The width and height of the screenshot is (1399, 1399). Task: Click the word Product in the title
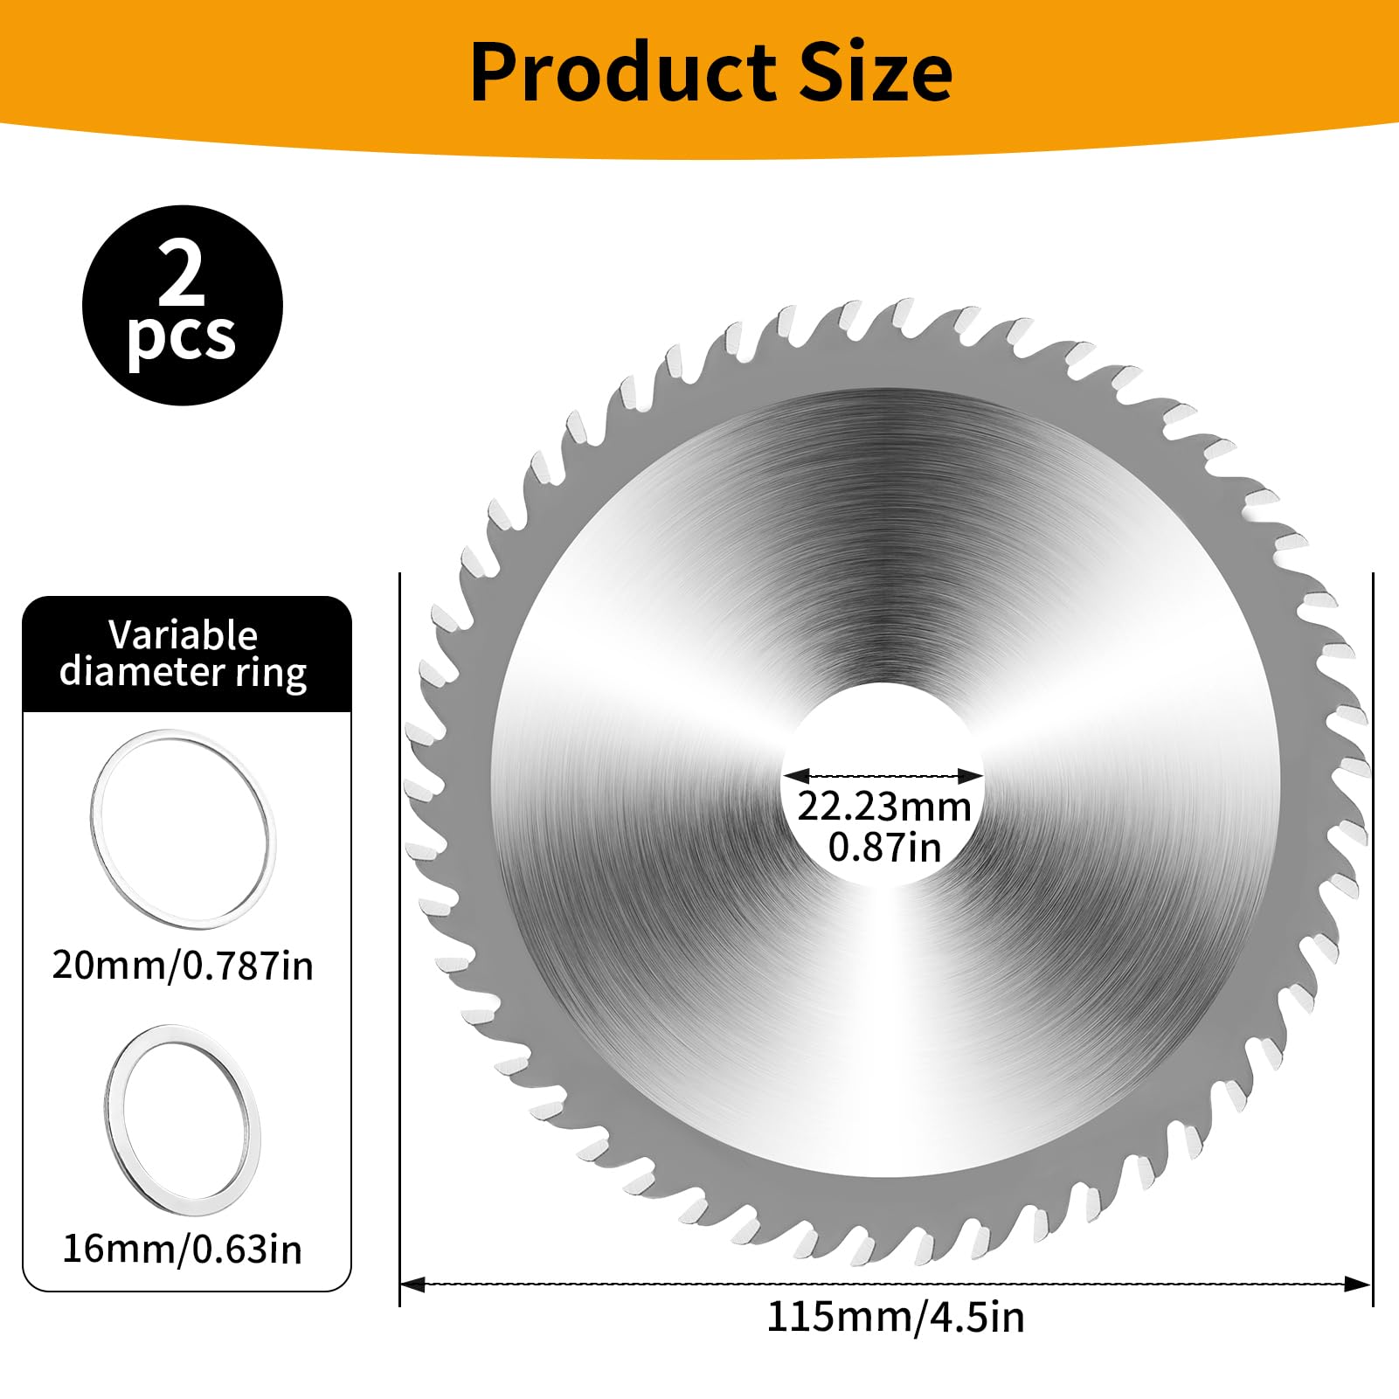[x=621, y=73]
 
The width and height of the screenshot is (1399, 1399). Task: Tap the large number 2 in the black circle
[x=182, y=274]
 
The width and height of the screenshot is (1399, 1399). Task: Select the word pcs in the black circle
[x=182, y=339]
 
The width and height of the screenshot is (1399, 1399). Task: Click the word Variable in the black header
[x=184, y=635]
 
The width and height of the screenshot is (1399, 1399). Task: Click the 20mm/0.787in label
[x=183, y=966]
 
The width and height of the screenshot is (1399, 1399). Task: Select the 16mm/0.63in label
[x=183, y=1250]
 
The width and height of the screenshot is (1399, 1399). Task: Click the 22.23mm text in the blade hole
[x=884, y=806]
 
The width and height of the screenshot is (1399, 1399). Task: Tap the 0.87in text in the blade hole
[x=884, y=848]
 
